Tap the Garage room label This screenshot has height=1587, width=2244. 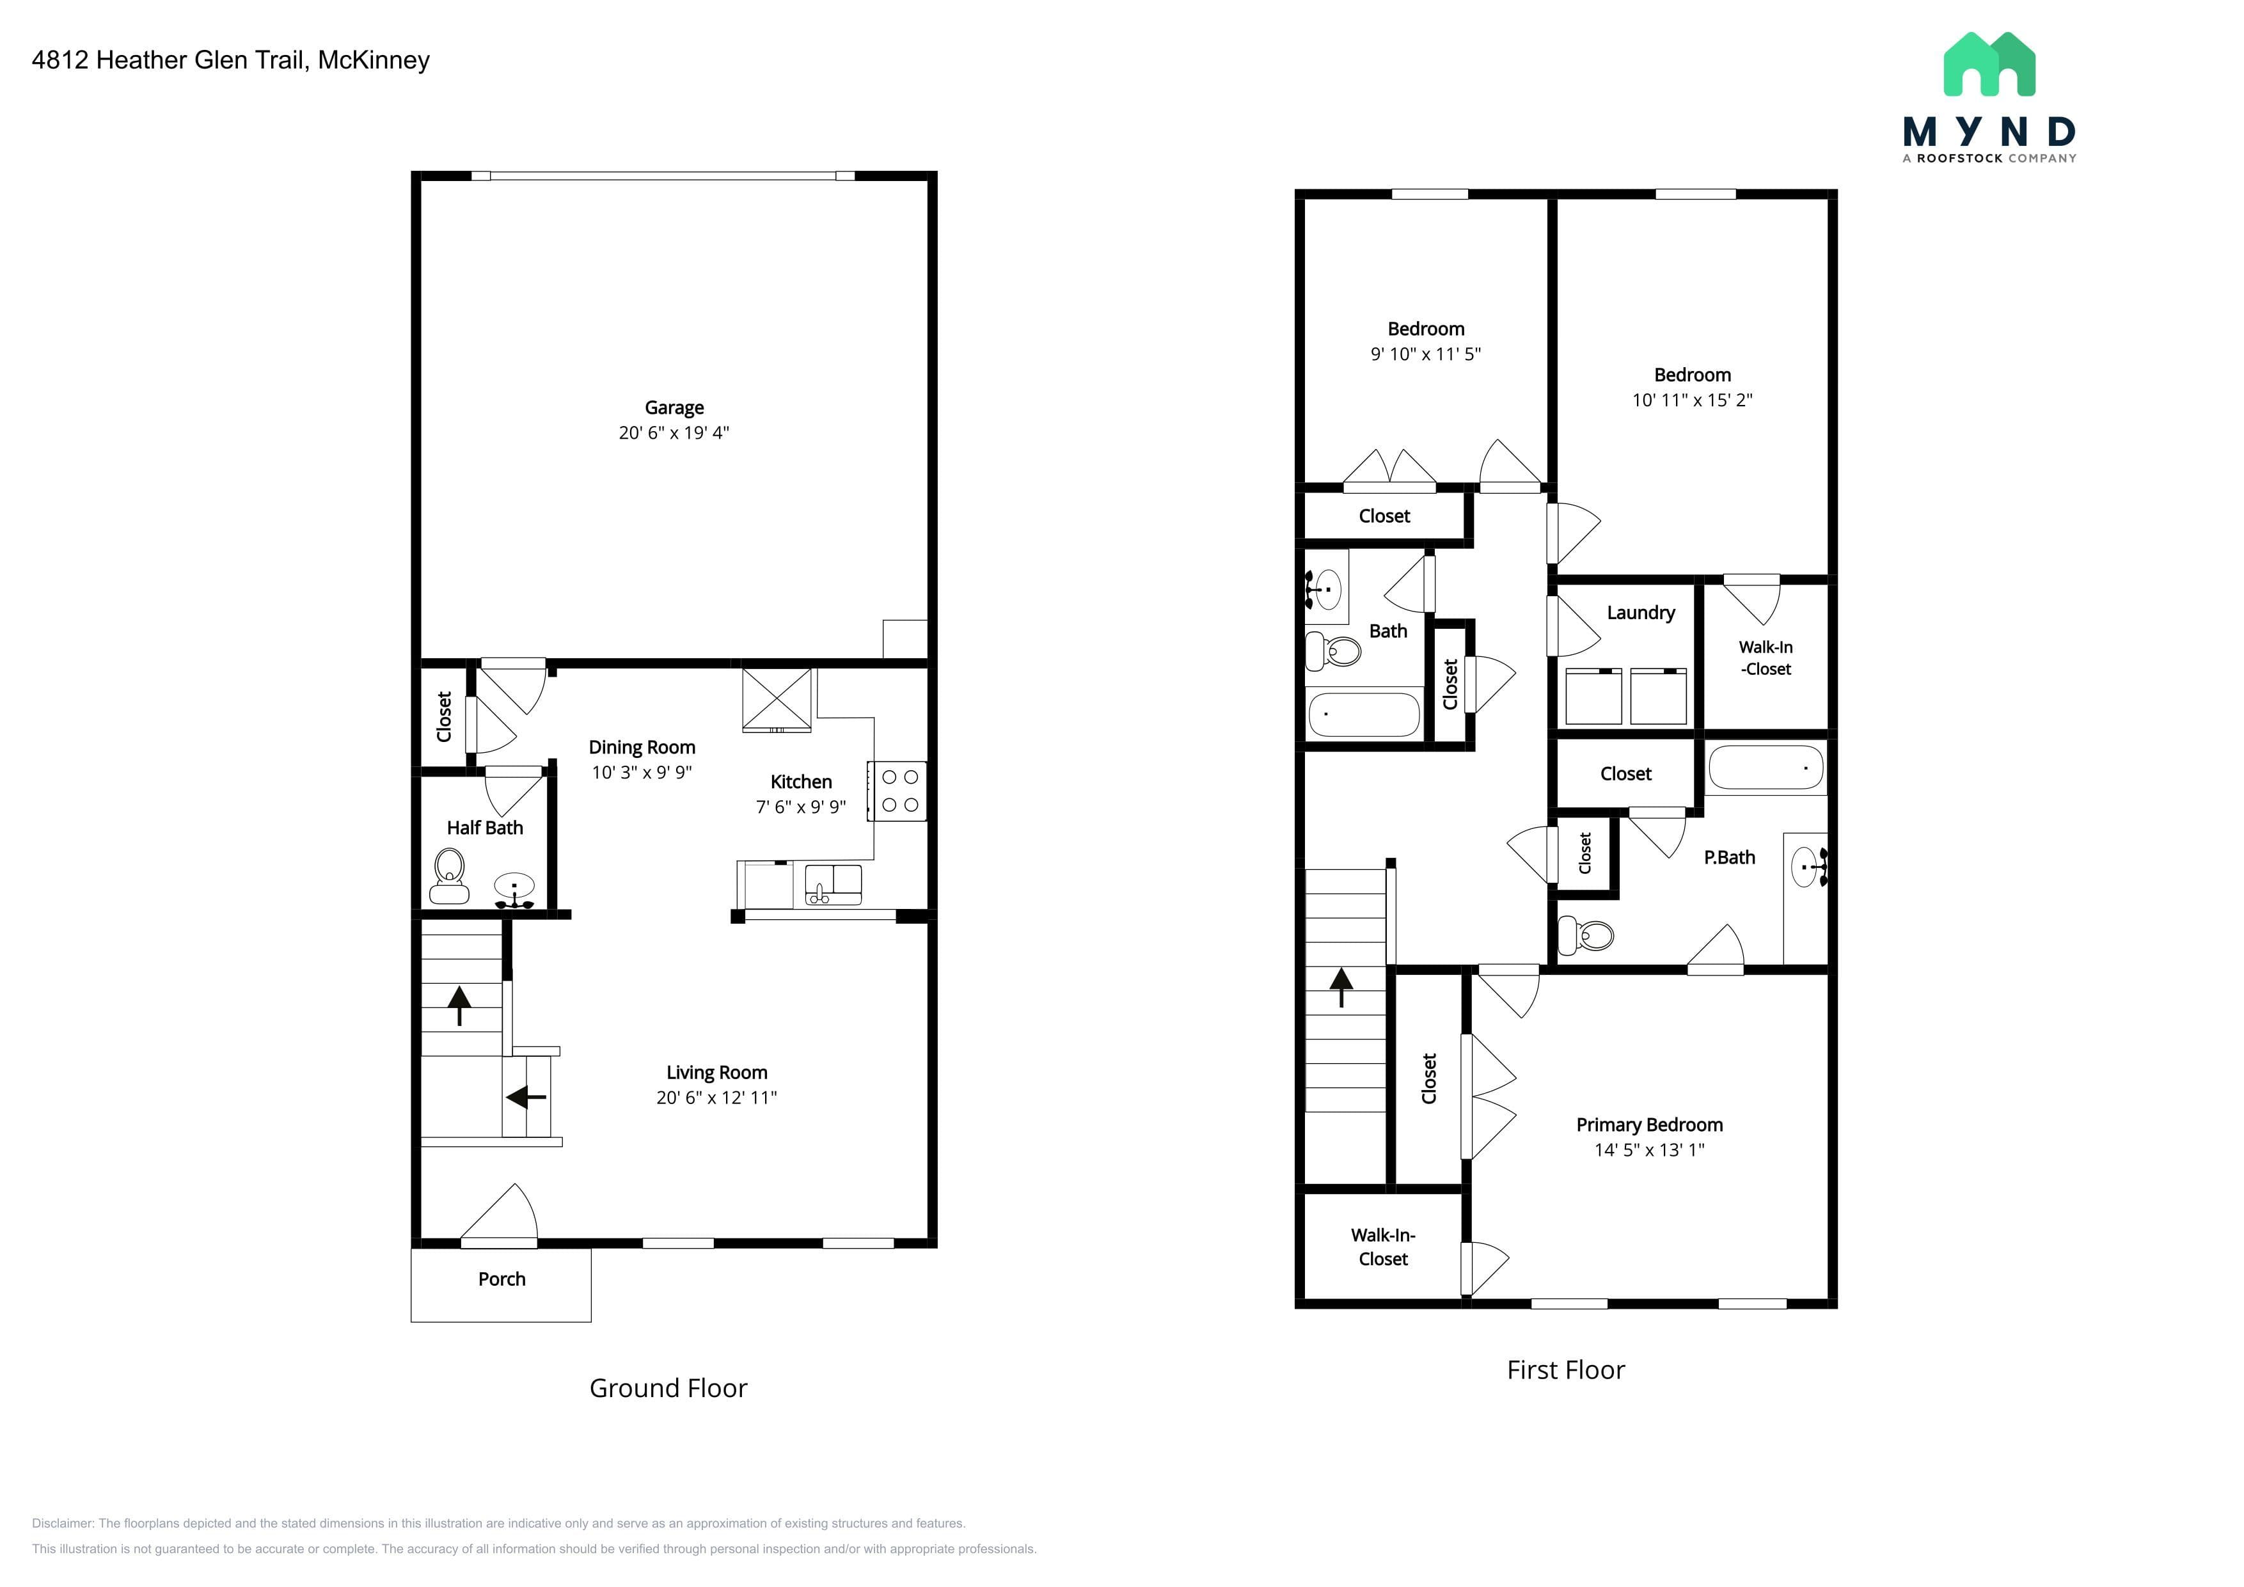pyautogui.click(x=674, y=407)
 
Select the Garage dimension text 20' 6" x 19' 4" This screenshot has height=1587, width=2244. pyautogui.click(x=674, y=433)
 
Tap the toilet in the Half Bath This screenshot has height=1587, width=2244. pyautogui.click(x=448, y=876)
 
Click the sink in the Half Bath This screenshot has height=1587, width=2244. pyautogui.click(x=514, y=890)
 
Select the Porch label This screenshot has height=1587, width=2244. pyautogui.click(x=502, y=1279)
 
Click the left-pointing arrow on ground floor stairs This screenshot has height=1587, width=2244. pyautogui.click(x=526, y=1098)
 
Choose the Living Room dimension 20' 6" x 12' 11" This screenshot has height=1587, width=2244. pyautogui.click(x=716, y=1098)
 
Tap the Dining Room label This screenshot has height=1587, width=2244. pyautogui.click(x=642, y=748)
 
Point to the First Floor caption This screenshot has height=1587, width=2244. pyautogui.click(x=1566, y=1370)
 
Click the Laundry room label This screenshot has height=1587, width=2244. pyautogui.click(x=1641, y=613)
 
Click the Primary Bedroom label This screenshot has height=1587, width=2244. pyautogui.click(x=1650, y=1125)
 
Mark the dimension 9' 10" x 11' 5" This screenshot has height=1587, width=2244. pyautogui.click(x=1426, y=354)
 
